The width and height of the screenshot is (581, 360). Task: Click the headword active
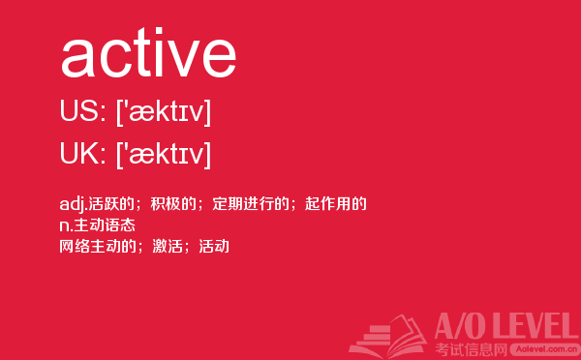(148, 52)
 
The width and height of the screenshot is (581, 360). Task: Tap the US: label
(83, 110)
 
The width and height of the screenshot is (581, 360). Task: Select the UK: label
(83, 153)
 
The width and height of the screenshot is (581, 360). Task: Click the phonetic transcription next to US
(164, 111)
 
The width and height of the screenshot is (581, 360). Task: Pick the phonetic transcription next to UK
(164, 154)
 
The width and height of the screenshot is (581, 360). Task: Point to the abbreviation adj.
(74, 204)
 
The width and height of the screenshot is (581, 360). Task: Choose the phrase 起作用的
(336, 204)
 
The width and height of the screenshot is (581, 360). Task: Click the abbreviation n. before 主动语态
(66, 225)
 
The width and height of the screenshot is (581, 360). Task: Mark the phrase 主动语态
(105, 225)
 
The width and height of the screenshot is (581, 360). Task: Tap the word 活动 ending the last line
(214, 247)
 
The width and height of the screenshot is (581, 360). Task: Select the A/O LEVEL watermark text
(506, 327)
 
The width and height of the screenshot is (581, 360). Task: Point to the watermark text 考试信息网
(471, 349)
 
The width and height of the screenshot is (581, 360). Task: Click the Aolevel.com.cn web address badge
(543, 349)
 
